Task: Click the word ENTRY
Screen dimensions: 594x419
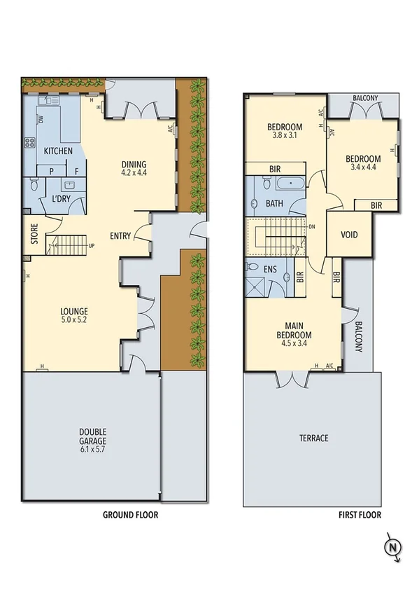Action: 120,236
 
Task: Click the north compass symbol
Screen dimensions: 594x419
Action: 392,545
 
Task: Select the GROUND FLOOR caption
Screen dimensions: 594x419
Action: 130,515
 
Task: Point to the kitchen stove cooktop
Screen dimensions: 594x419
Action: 30,142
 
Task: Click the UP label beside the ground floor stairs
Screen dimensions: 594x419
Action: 91,245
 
